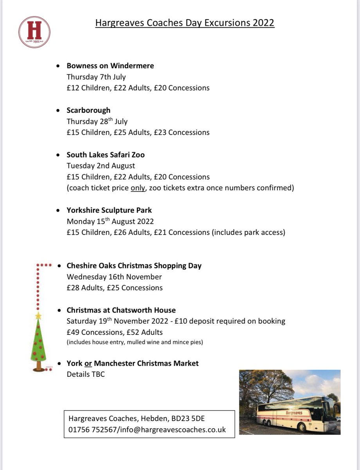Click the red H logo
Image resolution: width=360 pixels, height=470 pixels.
(x=34, y=32)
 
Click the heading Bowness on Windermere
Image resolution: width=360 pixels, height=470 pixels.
(x=110, y=66)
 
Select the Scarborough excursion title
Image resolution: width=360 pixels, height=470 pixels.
(x=88, y=110)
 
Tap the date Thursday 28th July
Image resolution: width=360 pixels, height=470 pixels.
(x=97, y=121)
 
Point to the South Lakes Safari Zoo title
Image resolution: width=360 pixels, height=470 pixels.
(x=105, y=155)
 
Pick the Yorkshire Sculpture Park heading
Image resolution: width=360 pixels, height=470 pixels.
(x=109, y=210)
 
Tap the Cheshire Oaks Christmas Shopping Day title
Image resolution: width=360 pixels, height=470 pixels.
(x=134, y=266)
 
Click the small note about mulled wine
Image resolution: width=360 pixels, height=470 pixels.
(x=135, y=343)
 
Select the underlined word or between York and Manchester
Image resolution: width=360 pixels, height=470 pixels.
(x=88, y=363)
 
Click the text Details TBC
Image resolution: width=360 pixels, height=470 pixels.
(x=86, y=374)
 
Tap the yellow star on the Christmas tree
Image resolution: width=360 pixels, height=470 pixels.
(x=38, y=315)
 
